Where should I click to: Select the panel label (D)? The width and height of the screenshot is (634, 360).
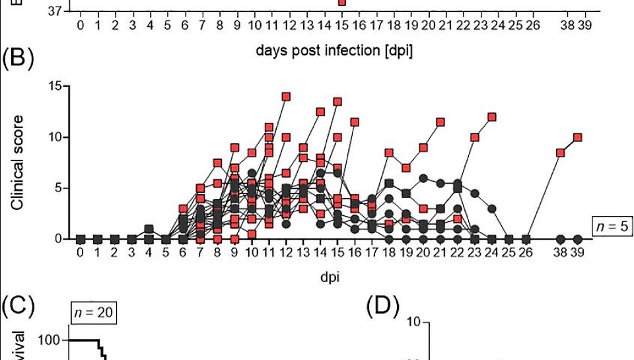pyautogui.click(x=382, y=308)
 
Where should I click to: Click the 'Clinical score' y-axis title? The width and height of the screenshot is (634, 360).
pyautogui.click(x=18, y=162)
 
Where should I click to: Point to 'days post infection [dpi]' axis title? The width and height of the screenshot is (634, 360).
pyautogui.click(x=334, y=51)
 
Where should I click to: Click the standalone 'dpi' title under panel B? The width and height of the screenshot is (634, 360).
pyautogui.click(x=330, y=278)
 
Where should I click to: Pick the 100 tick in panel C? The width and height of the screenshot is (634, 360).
pyautogui.click(x=52, y=340)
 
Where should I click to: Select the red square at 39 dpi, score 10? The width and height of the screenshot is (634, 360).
pyautogui.click(x=578, y=137)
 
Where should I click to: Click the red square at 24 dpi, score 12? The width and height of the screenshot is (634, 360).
pyautogui.click(x=492, y=117)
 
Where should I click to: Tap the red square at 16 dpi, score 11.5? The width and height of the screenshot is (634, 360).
pyautogui.click(x=355, y=122)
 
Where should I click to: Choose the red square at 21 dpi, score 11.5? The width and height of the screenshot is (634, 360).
pyautogui.click(x=440, y=122)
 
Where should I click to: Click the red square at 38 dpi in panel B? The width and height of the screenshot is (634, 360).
pyautogui.click(x=561, y=153)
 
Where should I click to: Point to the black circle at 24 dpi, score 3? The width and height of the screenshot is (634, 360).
pyautogui.click(x=492, y=209)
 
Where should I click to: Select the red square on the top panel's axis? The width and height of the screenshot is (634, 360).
pyautogui.click(x=341, y=3)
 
